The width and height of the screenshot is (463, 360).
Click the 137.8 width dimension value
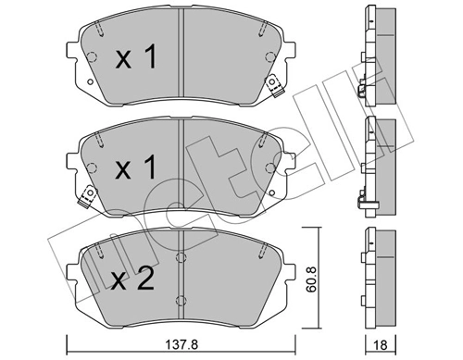coord(181,344)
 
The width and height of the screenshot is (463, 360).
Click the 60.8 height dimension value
coord(312,279)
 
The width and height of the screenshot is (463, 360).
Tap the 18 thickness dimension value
coord(381,345)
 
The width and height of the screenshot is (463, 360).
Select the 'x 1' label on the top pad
coord(136,57)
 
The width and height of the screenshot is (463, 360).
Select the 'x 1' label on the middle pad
coord(135,168)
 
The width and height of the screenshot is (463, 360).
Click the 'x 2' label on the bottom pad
coord(132,279)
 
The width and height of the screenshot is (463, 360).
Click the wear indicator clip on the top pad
coord(274,85)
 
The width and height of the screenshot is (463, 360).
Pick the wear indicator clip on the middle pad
coord(87,196)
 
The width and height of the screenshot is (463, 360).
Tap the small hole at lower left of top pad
coord(91,82)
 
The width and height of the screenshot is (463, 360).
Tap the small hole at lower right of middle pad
coord(272,192)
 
